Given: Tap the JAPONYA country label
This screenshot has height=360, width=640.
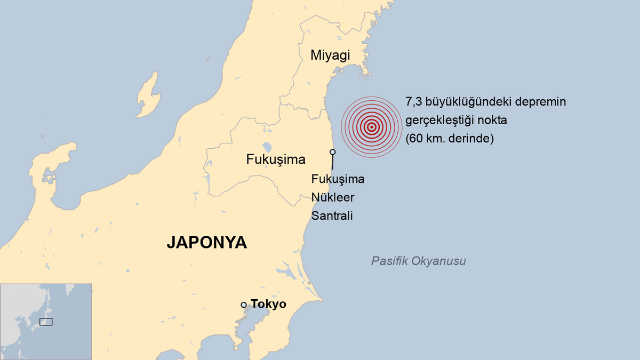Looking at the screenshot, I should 207,242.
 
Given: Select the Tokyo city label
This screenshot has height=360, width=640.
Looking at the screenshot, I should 268,305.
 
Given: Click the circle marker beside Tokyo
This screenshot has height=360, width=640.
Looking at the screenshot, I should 244,305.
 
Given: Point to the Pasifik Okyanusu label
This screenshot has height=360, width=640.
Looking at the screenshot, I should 419,261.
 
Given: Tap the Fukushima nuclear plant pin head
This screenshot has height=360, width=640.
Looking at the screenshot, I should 333,152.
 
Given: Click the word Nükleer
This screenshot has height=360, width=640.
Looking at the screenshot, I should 333,197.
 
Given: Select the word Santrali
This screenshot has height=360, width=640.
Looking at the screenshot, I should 332,215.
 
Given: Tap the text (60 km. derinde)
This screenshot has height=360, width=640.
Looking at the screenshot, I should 450,139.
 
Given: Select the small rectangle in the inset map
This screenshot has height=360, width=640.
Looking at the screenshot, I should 46,322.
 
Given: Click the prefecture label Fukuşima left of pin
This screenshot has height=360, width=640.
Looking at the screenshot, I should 276,159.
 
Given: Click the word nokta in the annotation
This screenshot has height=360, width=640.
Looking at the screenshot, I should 493,121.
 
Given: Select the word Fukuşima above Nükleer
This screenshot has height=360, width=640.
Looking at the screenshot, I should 338,179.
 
